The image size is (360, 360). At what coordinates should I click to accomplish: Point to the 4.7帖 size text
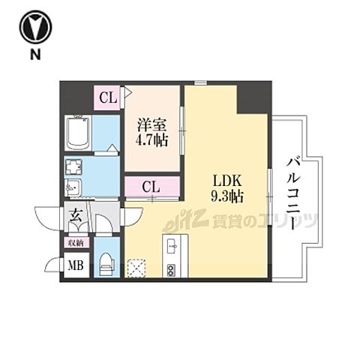coord(152,139)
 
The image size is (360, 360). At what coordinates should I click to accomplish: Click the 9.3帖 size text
coord(224,197)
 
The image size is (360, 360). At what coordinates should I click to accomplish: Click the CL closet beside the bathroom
coord(107,96)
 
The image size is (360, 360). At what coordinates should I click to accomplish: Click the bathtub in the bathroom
coord(79,134)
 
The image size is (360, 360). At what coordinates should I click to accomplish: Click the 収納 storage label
coord(76,242)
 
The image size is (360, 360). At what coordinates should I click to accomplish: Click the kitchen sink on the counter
coord(170,244)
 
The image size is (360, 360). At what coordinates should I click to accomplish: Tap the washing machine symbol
coord(76,166)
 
